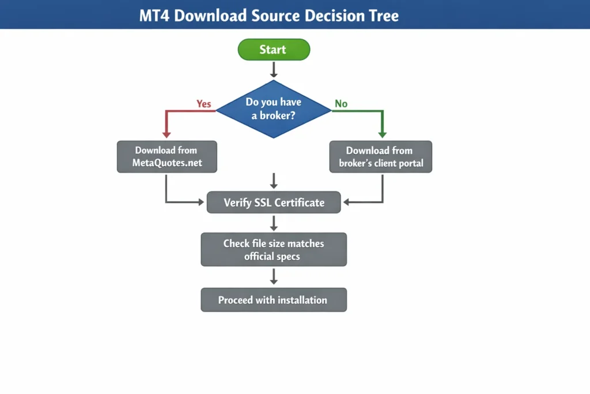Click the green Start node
[274, 50]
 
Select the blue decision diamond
[274, 109]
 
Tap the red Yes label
[204, 104]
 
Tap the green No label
[341, 104]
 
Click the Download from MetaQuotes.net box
[167, 156]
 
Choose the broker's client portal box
[380, 156]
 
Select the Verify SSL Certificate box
[274, 202]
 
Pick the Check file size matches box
[274, 249]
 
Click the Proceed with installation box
[274, 300]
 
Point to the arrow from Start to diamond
[274, 70]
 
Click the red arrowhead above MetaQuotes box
[167, 134]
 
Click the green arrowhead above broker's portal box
[381, 134]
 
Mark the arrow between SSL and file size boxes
[274, 223]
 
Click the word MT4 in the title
[154, 16]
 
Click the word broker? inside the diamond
[279, 115]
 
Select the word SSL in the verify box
[263, 202]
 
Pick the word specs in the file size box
[287, 256]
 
